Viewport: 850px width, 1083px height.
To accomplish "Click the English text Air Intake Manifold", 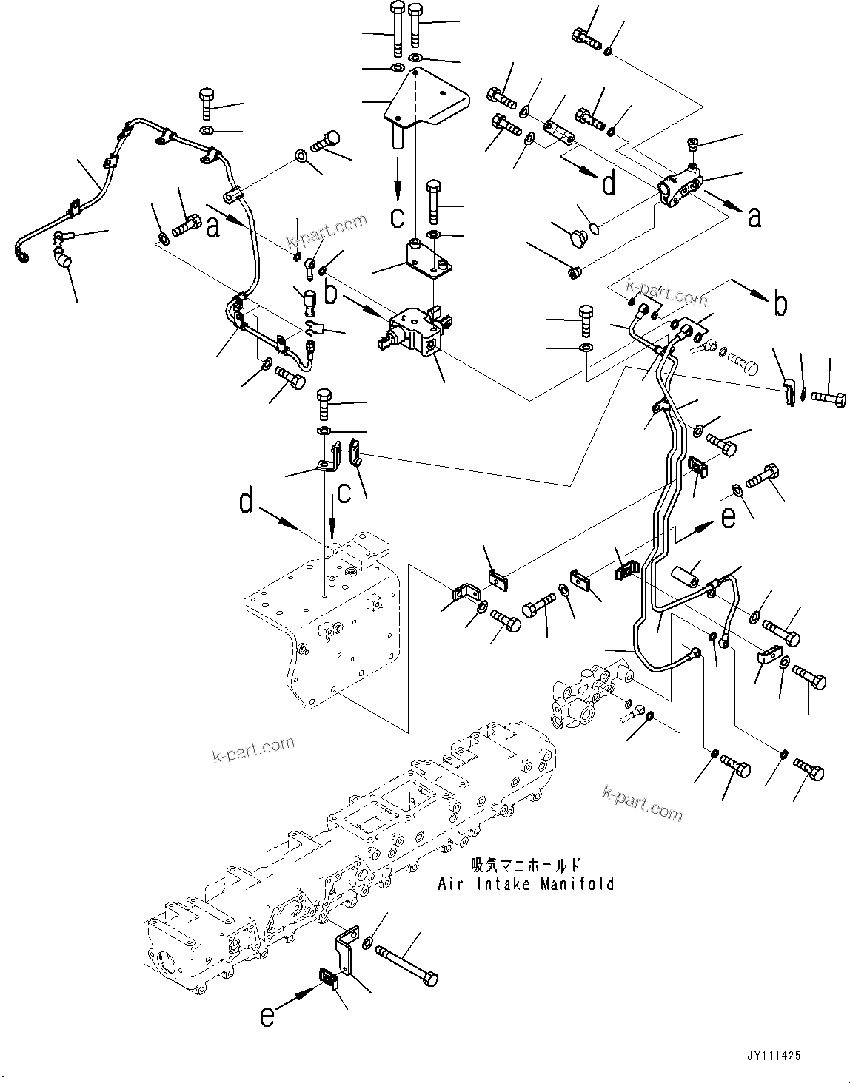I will coord(526,883).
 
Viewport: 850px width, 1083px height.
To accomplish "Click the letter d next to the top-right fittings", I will coord(608,183).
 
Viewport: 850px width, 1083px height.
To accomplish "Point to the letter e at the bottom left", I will coord(267,1017).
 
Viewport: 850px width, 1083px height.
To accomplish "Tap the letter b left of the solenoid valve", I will coord(331,292).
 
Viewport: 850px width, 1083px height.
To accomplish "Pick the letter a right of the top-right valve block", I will coord(754,217).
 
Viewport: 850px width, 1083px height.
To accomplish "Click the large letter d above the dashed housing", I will coord(246,502).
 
